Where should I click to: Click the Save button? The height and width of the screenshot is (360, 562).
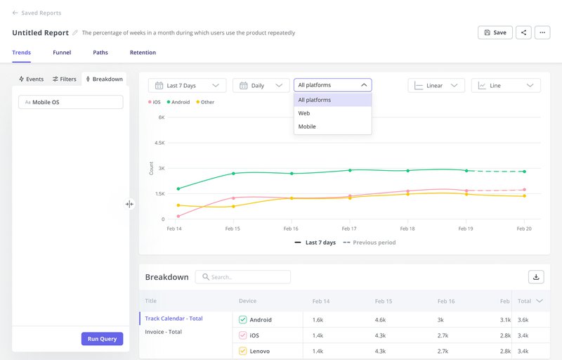pyautogui.click(x=495, y=32)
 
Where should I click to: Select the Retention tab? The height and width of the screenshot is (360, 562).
pyautogui.click(x=143, y=53)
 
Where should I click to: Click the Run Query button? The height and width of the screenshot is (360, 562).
pyautogui.click(x=103, y=338)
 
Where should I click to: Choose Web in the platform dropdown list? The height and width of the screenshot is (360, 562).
pyautogui.click(x=304, y=113)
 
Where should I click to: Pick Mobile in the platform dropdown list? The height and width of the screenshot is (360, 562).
pyautogui.click(x=307, y=127)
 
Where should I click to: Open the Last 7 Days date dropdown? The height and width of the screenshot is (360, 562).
pyautogui.click(x=187, y=86)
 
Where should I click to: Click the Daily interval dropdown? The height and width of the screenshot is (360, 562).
pyautogui.click(x=261, y=86)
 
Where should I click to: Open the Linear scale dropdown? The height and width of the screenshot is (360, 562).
pyautogui.click(x=436, y=86)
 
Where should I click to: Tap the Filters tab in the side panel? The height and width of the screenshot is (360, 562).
pyautogui.click(x=64, y=79)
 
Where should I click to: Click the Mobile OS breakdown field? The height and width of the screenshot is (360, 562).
pyautogui.click(x=70, y=102)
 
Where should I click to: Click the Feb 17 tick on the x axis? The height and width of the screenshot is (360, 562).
pyautogui.click(x=349, y=229)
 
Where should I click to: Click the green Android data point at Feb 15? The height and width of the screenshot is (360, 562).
pyautogui.click(x=233, y=173)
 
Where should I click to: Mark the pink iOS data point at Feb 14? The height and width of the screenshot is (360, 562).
pyautogui.click(x=178, y=216)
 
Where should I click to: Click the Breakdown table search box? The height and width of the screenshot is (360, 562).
pyautogui.click(x=243, y=277)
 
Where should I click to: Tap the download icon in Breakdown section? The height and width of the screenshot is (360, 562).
pyautogui.click(x=536, y=277)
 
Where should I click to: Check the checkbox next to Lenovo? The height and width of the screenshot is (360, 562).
pyautogui.click(x=243, y=350)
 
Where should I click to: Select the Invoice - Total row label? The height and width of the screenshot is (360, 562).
pyautogui.click(x=164, y=332)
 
